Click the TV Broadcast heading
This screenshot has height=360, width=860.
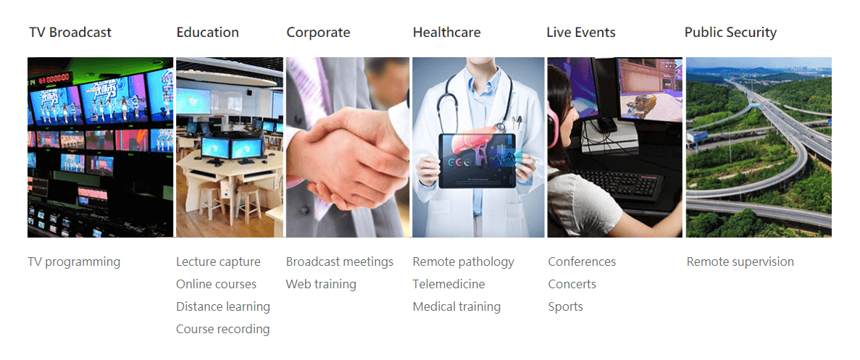pos(70,33)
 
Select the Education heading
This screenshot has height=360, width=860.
pos(207,33)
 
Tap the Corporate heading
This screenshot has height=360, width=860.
pos(318,33)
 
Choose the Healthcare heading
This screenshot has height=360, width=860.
pos(446,33)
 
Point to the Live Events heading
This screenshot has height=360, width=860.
pos(581,33)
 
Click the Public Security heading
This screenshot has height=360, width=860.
pos(730,33)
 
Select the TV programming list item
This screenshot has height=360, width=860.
pos(74,262)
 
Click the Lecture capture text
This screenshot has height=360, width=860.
pos(218,262)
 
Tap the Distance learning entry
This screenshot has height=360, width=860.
pos(222,307)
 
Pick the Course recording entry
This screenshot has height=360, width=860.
pos(222,330)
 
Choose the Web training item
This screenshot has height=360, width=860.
pos(321,285)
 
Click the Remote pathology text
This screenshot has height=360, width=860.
pos(464,262)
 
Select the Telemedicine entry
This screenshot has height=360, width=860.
pos(448,285)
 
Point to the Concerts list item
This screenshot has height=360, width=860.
pos(572,285)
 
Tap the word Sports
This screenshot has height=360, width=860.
pos(565,307)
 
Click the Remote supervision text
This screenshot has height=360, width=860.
pos(740,262)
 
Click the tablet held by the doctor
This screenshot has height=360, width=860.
pos(477,161)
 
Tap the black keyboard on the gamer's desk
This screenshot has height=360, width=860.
pos(619,183)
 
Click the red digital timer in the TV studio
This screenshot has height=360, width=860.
pos(57,78)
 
